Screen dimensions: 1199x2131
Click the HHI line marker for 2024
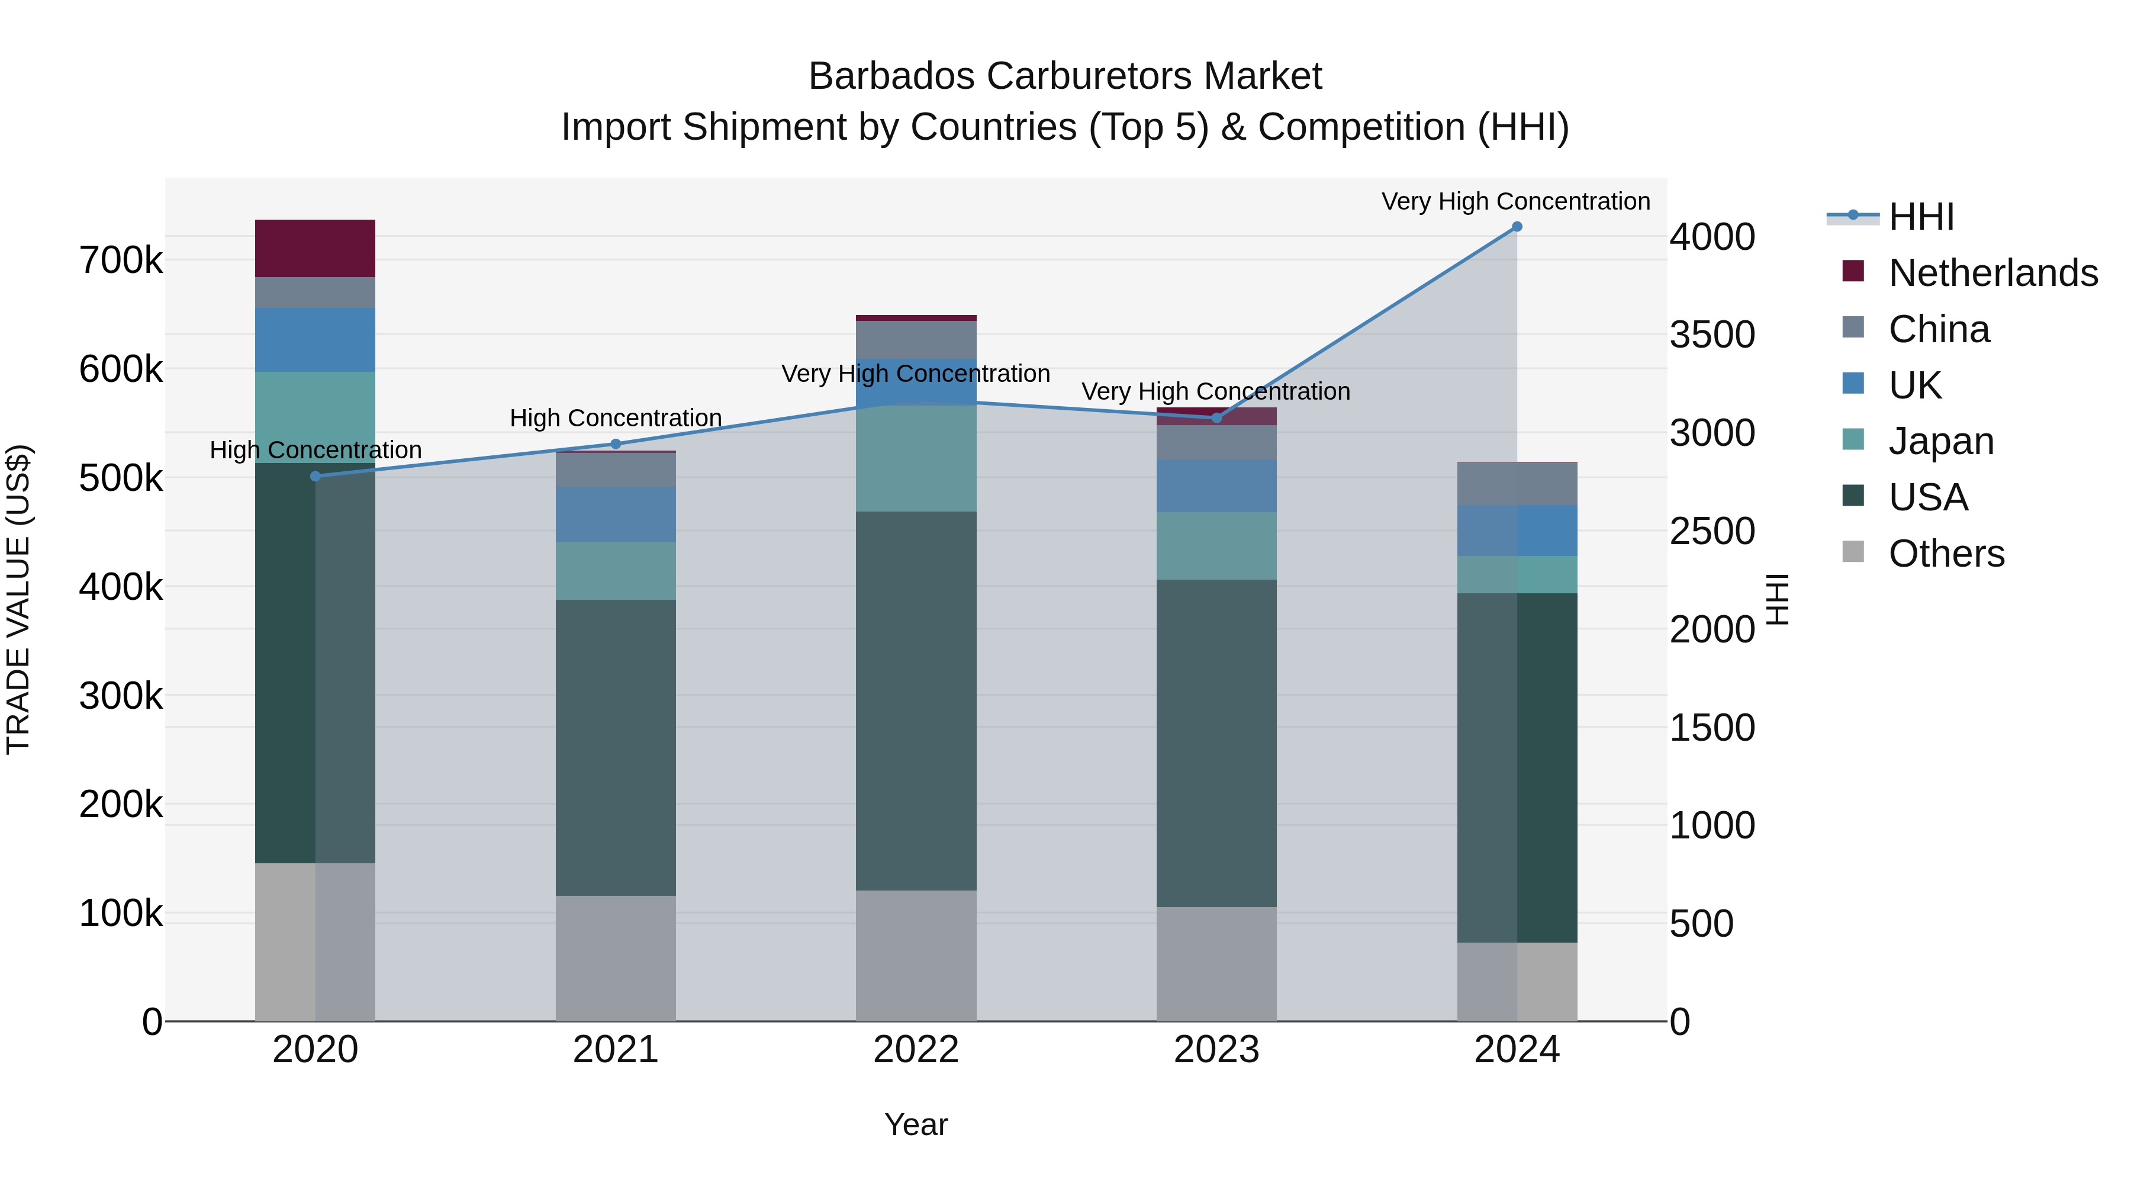coord(1517,226)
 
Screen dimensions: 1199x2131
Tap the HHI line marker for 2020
coord(315,476)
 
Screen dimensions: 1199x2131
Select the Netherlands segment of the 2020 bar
coord(315,248)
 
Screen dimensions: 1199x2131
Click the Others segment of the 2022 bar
coord(916,955)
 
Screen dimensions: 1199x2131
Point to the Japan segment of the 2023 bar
coord(1216,545)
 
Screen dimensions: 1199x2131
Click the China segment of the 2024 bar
coord(1517,484)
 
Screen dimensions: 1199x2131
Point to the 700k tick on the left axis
coord(121,261)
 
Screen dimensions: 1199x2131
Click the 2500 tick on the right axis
coord(1711,531)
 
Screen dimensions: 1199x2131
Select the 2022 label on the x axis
coord(916,1050)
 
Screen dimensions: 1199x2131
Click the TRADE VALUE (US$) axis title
coord(18,599)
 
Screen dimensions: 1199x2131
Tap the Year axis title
coord(916,1124)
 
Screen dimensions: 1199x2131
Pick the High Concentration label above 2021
coord(616,418)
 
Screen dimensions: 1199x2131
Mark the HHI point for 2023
coord(1216,418)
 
